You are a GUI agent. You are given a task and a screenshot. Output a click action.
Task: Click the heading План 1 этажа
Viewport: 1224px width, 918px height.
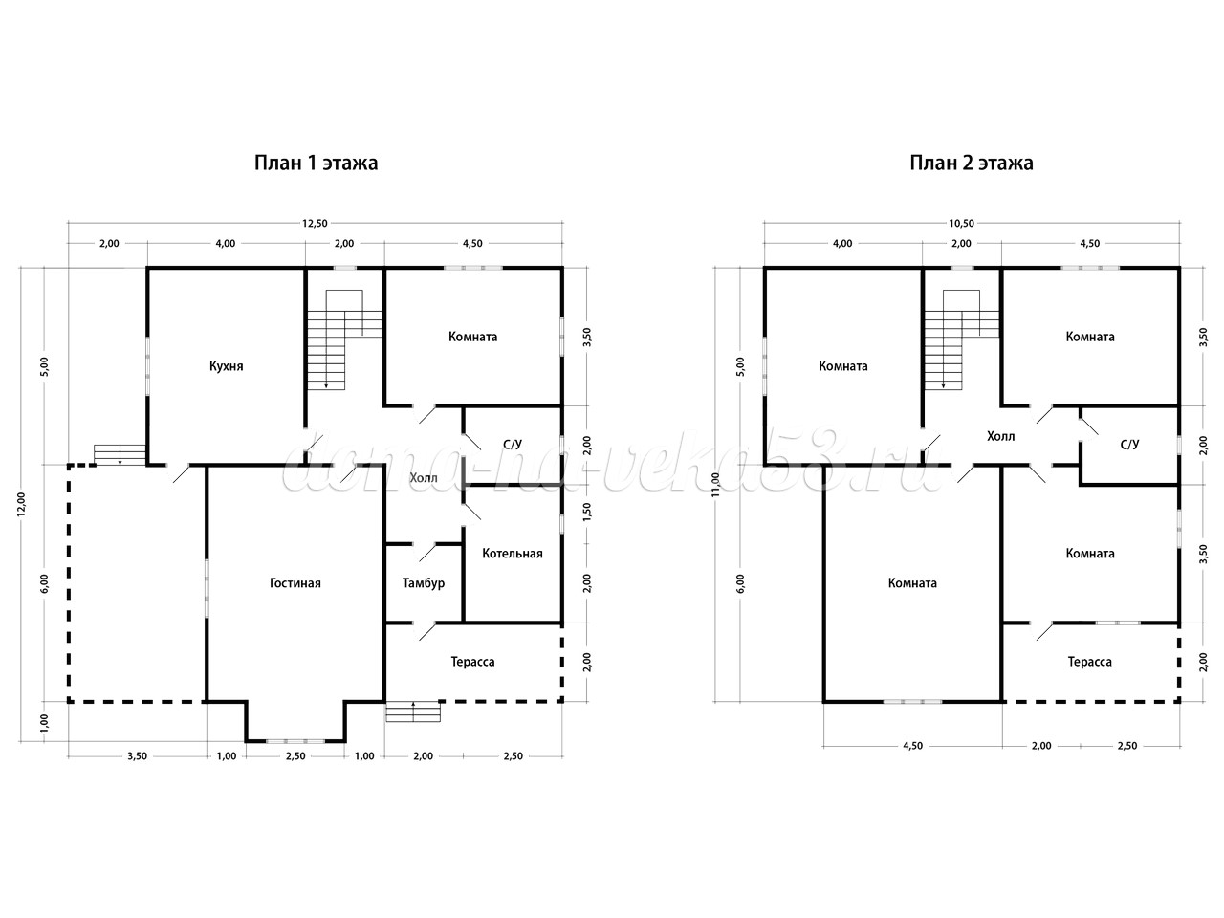(317, 163)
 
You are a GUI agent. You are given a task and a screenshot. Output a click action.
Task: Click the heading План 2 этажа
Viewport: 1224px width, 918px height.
(972, 163)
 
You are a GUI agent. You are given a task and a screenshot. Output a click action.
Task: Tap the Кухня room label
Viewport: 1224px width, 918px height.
(227, 366)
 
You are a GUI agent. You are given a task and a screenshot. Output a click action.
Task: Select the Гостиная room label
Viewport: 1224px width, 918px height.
(295, 583)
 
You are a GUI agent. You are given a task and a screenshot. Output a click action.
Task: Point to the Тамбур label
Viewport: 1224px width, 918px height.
(424, 583)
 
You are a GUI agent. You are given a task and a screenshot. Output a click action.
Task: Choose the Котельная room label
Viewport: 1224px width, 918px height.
(513, 554)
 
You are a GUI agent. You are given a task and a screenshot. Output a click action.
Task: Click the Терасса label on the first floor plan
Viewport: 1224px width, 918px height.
(473, 662)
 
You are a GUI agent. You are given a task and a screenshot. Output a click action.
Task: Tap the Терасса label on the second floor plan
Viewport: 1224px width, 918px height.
(1089, 662)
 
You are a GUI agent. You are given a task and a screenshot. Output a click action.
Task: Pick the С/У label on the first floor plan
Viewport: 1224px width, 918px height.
(513, 445)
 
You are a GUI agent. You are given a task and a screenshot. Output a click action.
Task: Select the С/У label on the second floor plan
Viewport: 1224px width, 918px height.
(1129, 445)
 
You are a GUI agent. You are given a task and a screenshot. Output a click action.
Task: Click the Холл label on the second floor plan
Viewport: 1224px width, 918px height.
(1001, 436)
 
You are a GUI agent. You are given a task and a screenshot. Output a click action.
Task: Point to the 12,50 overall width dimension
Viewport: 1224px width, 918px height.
(315, 224)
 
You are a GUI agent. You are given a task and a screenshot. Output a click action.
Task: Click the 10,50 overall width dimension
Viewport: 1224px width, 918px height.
(961, 224)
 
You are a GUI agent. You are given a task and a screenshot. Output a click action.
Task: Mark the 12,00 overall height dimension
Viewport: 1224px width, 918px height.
(21, 505)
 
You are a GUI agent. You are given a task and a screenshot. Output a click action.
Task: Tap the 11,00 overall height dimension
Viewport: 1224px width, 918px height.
(716, 485)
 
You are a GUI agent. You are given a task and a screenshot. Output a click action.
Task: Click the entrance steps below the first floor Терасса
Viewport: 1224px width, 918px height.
(413, 711)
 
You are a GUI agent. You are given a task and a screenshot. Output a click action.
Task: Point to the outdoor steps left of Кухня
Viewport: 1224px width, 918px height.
(120, 454)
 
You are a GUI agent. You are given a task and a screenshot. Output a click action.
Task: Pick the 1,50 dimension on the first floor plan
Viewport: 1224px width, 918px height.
(586, 511)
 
